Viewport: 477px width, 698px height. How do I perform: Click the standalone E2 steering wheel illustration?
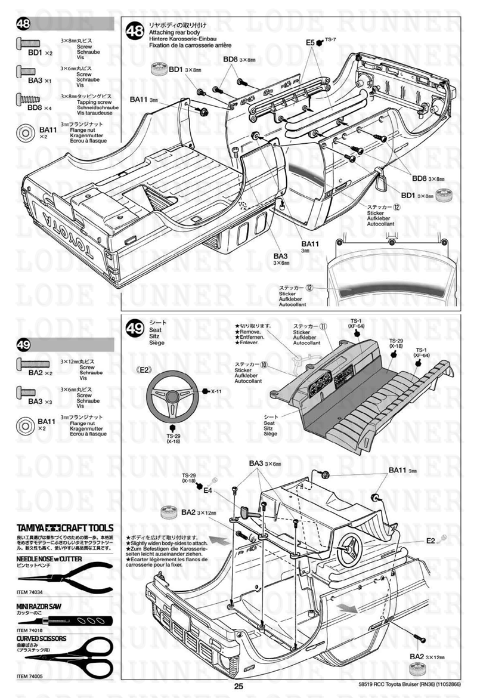[172, 394]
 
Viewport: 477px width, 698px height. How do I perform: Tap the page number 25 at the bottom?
[238, 687]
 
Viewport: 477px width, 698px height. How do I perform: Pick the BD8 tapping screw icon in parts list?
[28, 97]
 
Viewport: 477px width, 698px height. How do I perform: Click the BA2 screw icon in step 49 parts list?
[28, 363]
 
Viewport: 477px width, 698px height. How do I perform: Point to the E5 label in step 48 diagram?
[310, 43]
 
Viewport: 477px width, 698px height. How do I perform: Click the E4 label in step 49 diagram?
[207, 490]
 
